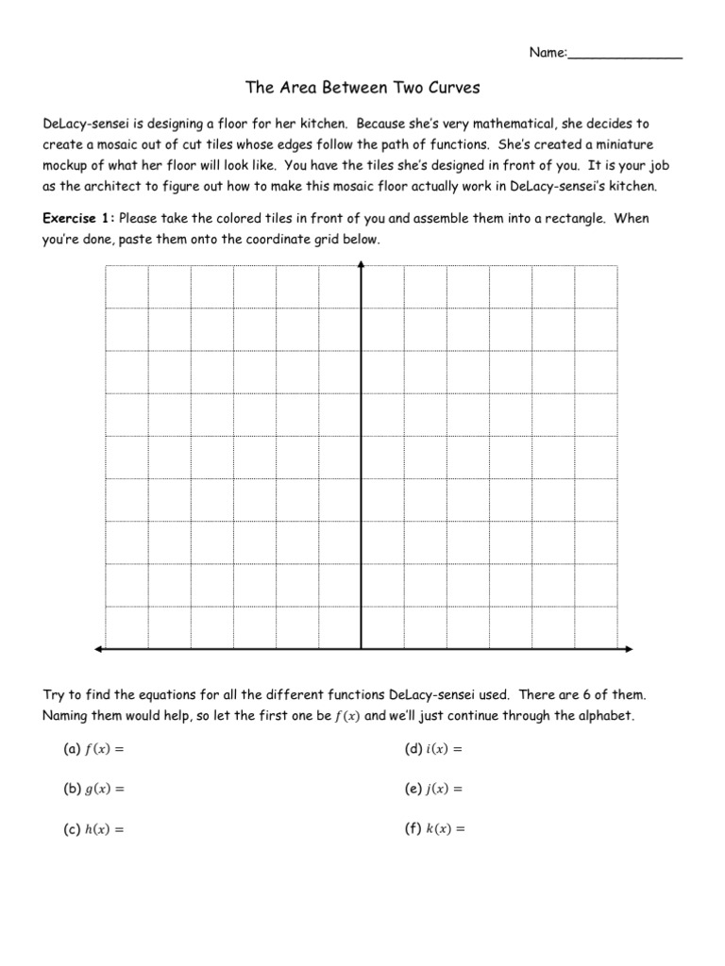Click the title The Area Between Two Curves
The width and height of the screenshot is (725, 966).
coord(362,88)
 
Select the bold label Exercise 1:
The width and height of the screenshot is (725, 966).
coord(79,219)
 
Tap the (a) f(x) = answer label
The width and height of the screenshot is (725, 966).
coord(94,749)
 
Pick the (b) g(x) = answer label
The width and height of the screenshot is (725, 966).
coord(94,789)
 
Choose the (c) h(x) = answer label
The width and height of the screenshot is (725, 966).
coord(94,830)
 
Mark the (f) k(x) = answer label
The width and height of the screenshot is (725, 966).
coord(434,830)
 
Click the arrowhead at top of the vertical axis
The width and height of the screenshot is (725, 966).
coord(362,266)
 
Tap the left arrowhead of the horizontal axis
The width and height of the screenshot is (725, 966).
coord(98,649)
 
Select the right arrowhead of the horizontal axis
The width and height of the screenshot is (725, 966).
coord(626,649)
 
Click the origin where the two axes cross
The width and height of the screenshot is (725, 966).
coord(362,649)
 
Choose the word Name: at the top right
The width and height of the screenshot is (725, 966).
coord(547,53)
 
